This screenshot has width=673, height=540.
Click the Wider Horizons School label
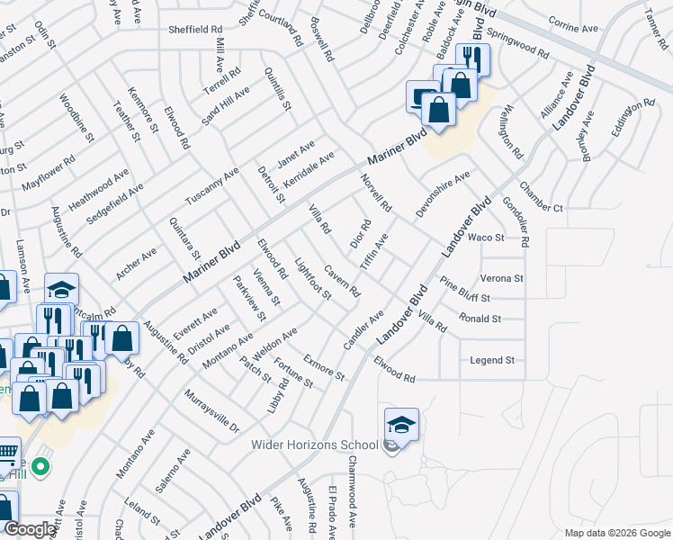click(313, 445)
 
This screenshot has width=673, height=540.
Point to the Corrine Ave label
click(572, 29)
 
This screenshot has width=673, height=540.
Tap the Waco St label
click(487, 238)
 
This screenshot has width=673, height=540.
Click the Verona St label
click(501, 279)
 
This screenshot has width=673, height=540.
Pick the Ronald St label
click(480, 319)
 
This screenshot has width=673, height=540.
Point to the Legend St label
click(492, 360)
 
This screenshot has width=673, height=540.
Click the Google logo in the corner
click(30, 529)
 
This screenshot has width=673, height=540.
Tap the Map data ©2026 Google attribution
click(617, 532)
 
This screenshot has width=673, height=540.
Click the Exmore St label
click(324, 367)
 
